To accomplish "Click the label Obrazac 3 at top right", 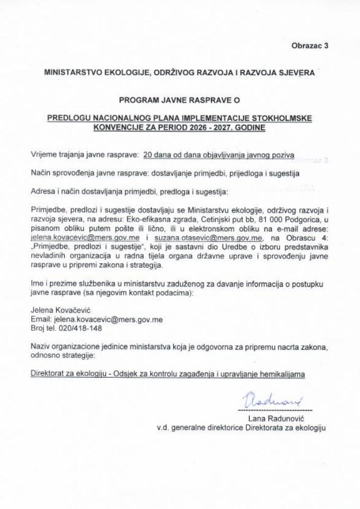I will [x=310, y=46].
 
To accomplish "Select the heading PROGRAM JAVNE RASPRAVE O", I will [x=180, y=99].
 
